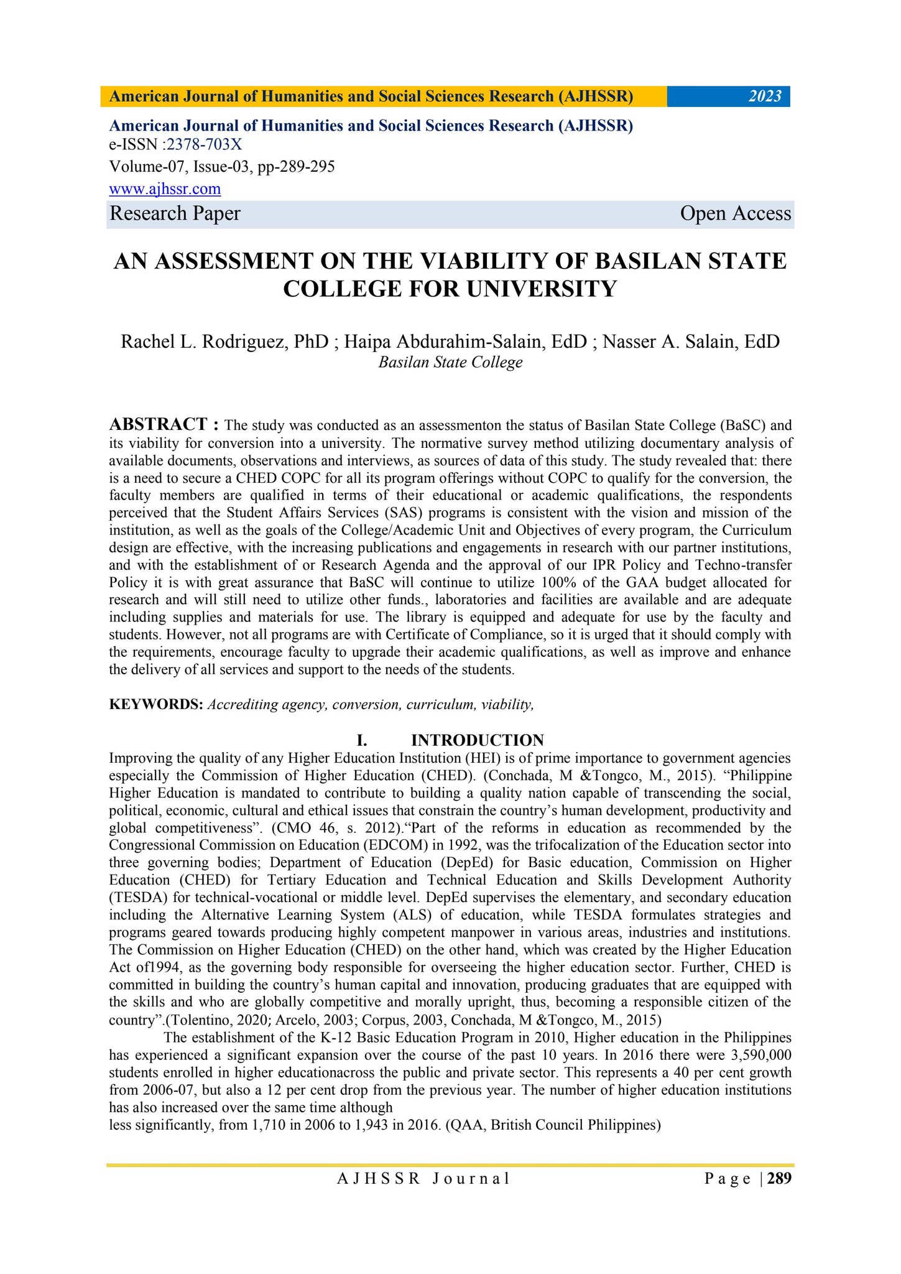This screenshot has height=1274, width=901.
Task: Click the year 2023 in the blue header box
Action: pos(764,96)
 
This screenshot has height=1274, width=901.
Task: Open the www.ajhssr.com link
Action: pos(165,188)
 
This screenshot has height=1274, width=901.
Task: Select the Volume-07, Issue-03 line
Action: pos(222,167)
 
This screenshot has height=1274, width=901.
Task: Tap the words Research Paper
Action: pos(175,213)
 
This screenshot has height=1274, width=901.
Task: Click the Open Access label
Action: pos(735,213)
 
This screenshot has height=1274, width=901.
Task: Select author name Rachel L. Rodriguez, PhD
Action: pos(224,342)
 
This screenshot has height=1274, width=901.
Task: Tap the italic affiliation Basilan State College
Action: pos(450,362)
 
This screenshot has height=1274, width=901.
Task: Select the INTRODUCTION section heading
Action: pos(477,740)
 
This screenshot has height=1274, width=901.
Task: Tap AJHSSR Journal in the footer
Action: pos(423,1178)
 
